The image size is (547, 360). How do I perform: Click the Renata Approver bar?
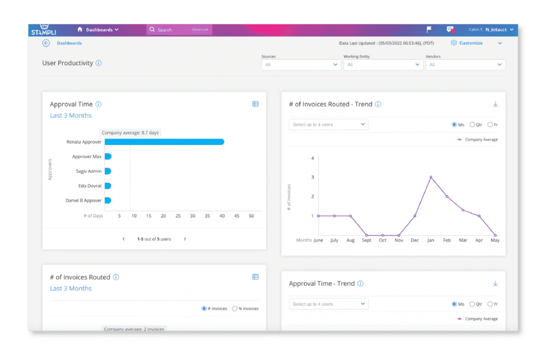(x=164, y=142)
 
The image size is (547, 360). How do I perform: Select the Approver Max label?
(x=87, y=156)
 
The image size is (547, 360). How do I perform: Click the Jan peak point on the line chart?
(x=431, y=177)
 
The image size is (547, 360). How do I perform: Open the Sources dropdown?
(x=301, y=65)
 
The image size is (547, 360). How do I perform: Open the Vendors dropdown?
(x=465, y=65)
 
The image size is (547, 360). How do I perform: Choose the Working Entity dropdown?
(x=382, y=65)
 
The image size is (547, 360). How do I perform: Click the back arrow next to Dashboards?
(x=46, y=43)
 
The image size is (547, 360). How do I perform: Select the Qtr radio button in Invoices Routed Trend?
(x=472, y=124)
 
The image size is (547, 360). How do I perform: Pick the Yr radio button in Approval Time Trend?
(x=490, y=304)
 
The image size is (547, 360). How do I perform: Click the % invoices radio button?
(x=235, y=309)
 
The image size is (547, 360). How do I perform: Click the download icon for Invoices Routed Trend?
(x=495, y=104)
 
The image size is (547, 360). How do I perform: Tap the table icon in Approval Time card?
(x=255, y=104)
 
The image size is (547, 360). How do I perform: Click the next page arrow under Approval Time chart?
(x=185, y=239)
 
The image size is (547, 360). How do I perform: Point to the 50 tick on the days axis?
(x=252, y=216)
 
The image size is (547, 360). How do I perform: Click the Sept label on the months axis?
(x=366, y=240)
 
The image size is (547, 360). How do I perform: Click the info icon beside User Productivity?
(x=99, y=63)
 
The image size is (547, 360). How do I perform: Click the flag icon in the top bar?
(x=429, y=29)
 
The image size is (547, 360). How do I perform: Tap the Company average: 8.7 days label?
(x=130, y=132)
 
